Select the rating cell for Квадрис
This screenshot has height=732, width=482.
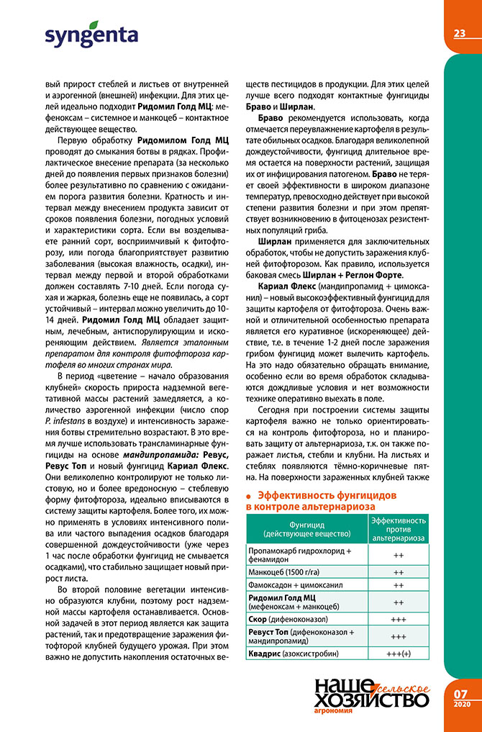(x=398, y=653)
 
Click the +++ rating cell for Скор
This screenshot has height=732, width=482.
(x=398, y=619)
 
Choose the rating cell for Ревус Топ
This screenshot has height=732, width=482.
(x=398, y=636)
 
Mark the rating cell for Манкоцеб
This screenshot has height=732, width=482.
(x=398, y=571)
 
